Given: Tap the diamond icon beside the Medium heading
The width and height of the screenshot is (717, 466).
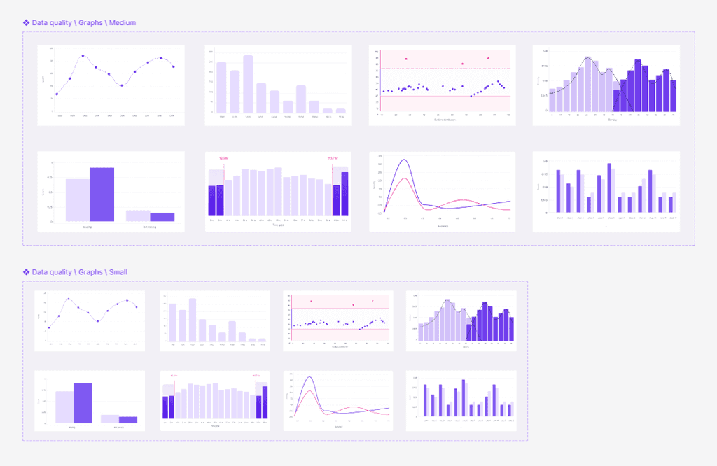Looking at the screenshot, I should click(x=26, y=23).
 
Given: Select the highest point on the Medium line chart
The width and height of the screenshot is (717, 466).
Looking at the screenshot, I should click(x=83, y=56).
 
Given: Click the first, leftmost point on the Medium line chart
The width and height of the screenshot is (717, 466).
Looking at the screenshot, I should click(x=57, y=94).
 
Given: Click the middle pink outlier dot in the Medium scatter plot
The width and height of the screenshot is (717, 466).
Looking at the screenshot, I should click(x=462, y=64).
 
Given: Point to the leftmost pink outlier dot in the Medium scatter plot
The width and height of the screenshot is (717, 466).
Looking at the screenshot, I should click(x=406, y=58).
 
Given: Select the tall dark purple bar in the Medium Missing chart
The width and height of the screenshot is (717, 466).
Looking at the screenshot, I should click(x=102, y=194).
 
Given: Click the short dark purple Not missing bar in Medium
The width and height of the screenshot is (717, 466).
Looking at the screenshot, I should click(x=162, y=217).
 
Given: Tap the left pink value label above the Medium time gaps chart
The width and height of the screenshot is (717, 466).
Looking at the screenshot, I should click(x=223, y=158).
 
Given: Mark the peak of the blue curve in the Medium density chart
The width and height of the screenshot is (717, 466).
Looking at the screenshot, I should click(x=405, y=160).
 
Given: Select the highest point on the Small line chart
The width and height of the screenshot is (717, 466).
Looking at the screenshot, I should click(x=69, y=299).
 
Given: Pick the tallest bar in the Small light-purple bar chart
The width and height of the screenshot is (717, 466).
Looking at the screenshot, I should click(x=192, y=320).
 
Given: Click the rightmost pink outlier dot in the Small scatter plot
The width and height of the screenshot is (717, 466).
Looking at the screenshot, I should click(x=373, y=301).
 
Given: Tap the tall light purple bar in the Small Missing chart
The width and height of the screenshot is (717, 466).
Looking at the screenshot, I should click(x=64, y=407).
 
